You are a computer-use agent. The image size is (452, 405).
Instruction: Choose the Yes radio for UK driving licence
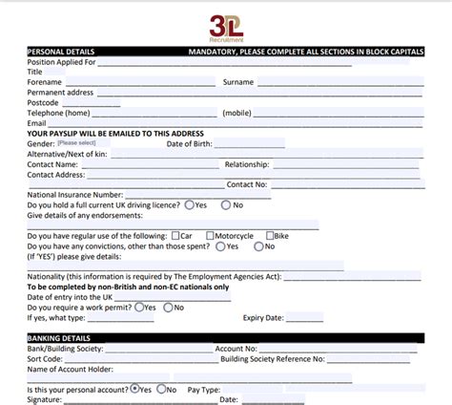190,204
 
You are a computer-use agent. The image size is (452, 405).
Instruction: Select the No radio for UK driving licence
226,204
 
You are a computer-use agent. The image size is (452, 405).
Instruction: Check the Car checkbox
175,235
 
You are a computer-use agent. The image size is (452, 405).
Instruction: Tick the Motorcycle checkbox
208,235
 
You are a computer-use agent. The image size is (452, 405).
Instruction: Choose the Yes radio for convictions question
220,245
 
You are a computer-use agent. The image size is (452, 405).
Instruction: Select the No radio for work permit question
168,308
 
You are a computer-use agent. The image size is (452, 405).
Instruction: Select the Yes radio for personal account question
134,390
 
